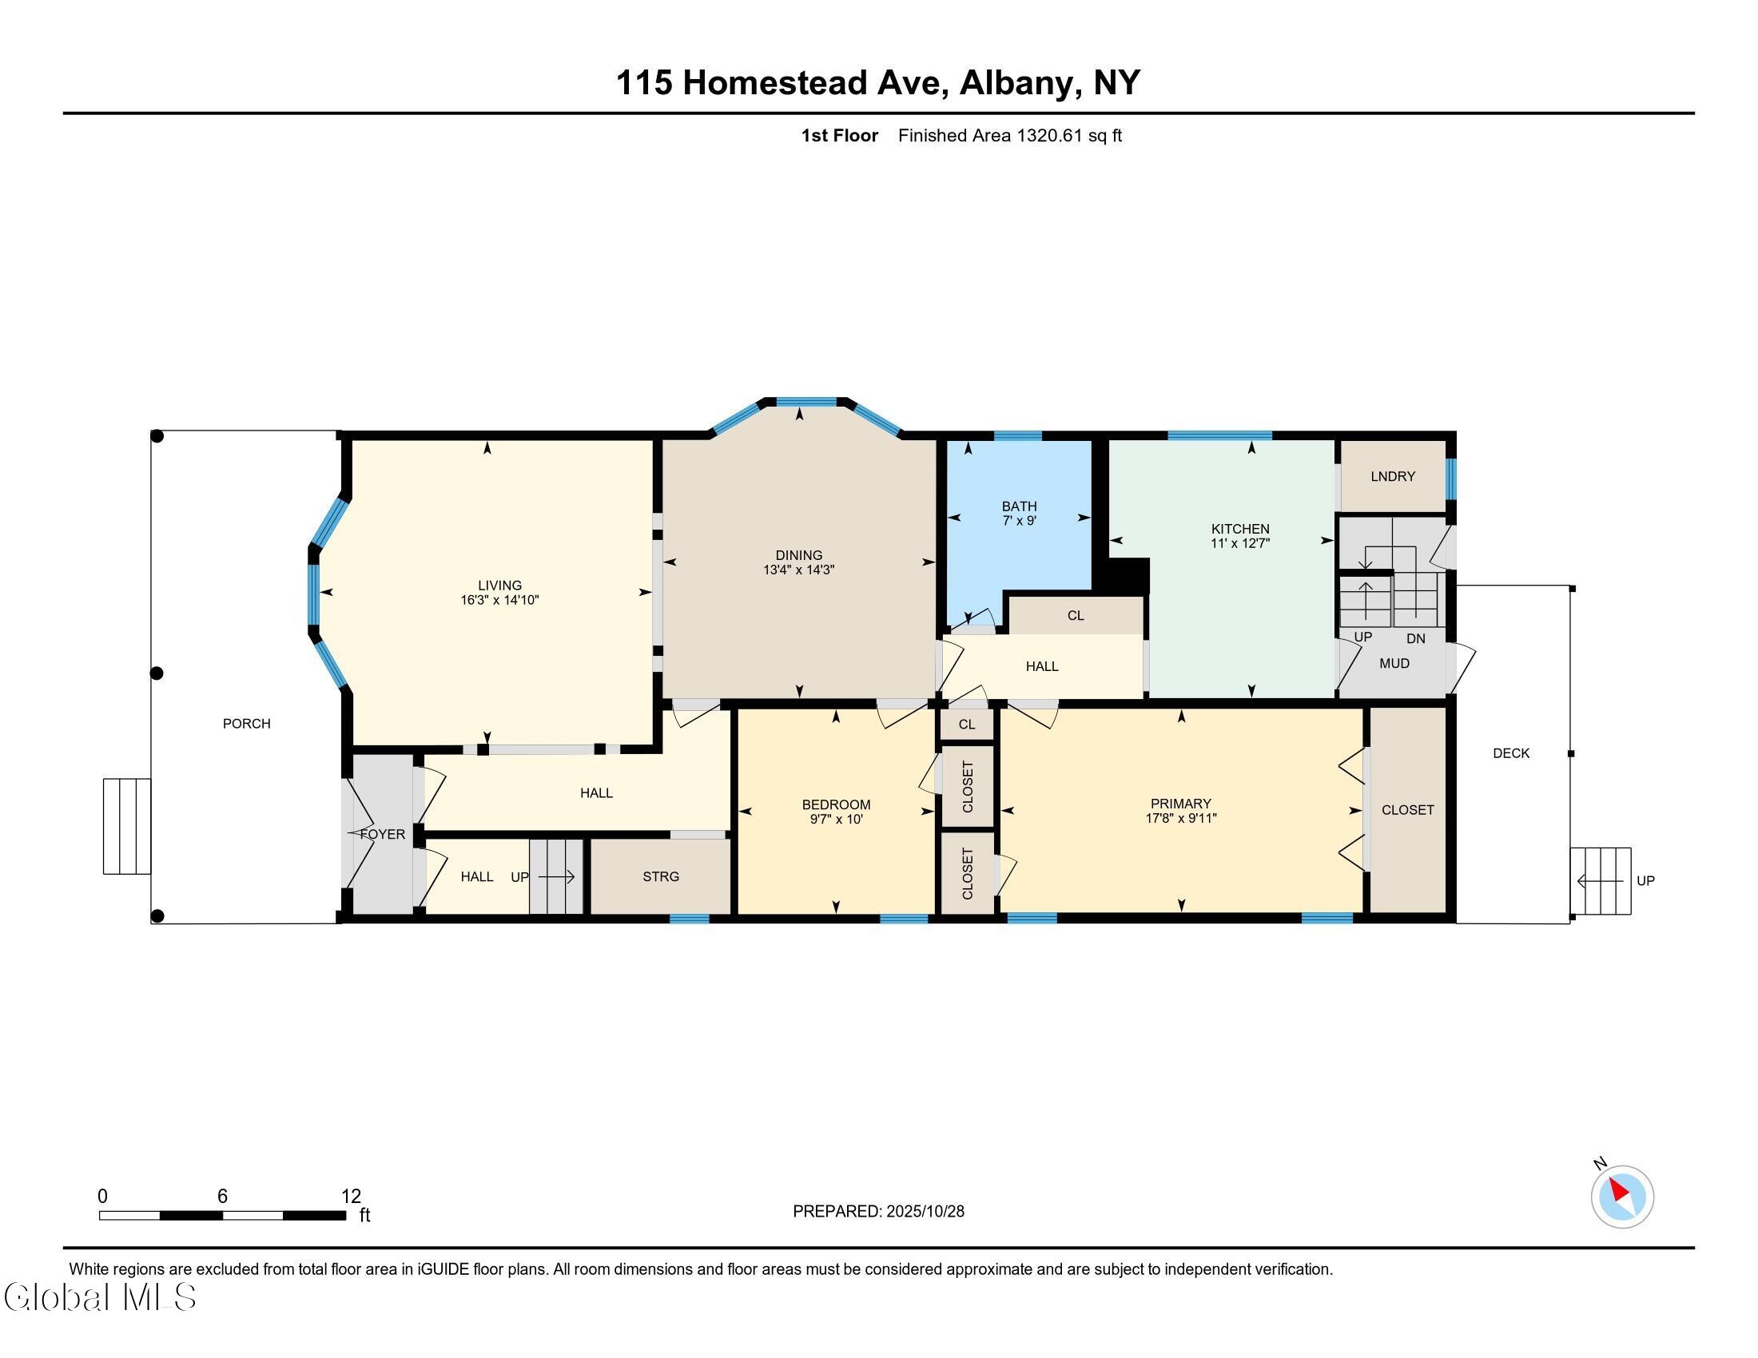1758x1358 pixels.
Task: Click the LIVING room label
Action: coord(500,586)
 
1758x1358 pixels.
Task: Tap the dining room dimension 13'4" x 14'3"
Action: coord(798,570)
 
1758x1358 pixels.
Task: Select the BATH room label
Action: coord(1019,506)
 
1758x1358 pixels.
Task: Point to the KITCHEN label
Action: coord(1240,529)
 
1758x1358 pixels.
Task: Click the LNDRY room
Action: coord(1393,476)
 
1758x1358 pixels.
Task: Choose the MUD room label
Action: coord(1394,664)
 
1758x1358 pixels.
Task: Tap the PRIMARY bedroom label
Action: coord(1181,804)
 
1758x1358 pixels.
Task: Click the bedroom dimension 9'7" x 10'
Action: coord(836,819)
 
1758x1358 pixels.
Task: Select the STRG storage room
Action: coord(661,876)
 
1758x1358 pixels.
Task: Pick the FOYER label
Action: coord(382,834)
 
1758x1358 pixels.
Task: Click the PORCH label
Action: coord(246,723)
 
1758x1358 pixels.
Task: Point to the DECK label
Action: coord(1511,753)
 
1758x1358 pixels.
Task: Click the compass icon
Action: coord(1622,1197)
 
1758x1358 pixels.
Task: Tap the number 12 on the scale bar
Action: coord(351,1196)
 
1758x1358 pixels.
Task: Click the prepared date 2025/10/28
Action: coord(924,1212)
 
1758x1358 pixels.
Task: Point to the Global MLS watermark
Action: coord(100,1296)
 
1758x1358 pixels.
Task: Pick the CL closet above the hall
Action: coord(1076,615)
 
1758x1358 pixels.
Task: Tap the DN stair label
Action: coord(1416,639)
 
